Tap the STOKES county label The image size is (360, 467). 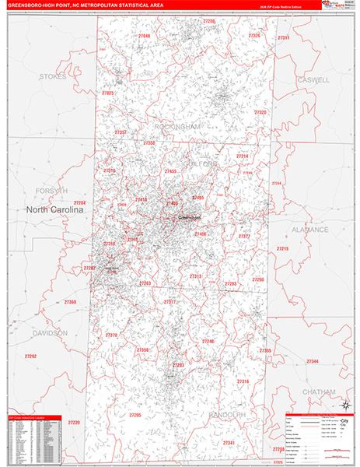pos(53,76)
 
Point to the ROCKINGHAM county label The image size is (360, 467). pos(177,126)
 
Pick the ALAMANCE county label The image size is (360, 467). pos(310,230)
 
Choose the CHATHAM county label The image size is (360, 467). pos(319,392)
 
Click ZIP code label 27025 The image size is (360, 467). pos(108,93)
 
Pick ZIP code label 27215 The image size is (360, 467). pos(282,248)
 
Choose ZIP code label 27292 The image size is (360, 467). pos(31,356)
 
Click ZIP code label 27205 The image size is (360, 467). pos(135,416)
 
